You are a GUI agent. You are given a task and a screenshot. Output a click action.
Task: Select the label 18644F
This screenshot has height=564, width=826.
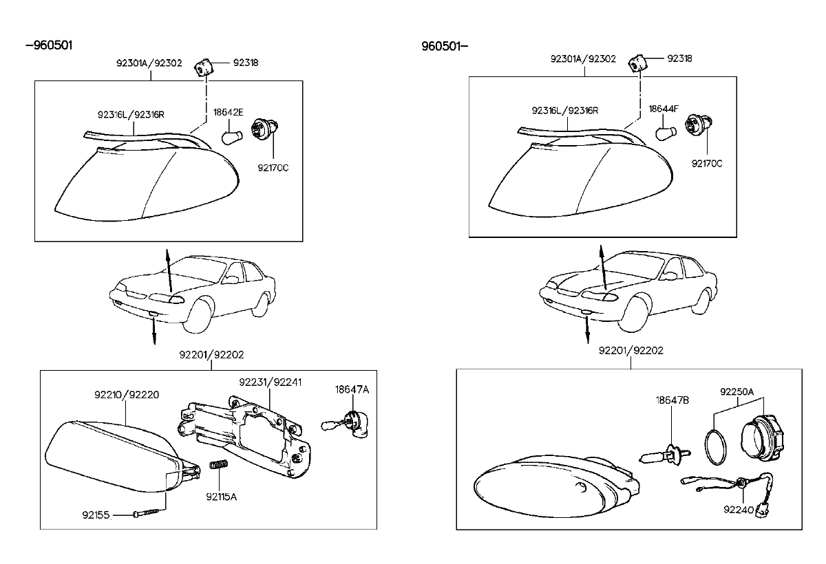[664, 109]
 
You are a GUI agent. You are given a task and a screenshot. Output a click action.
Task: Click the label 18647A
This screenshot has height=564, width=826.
[352, 389]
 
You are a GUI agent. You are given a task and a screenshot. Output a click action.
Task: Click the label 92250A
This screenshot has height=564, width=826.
[737, 391]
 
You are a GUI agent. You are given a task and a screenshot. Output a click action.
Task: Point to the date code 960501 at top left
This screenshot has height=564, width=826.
[49, 45]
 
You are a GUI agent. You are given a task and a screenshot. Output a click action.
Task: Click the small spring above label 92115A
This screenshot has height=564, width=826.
[218, 468]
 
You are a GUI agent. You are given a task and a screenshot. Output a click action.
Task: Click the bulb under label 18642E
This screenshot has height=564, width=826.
[231, 136]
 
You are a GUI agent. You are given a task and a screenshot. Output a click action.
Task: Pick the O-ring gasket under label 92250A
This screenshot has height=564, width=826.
[717, 446]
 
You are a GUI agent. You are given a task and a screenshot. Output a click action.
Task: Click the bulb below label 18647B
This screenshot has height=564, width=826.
[661, 456]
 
